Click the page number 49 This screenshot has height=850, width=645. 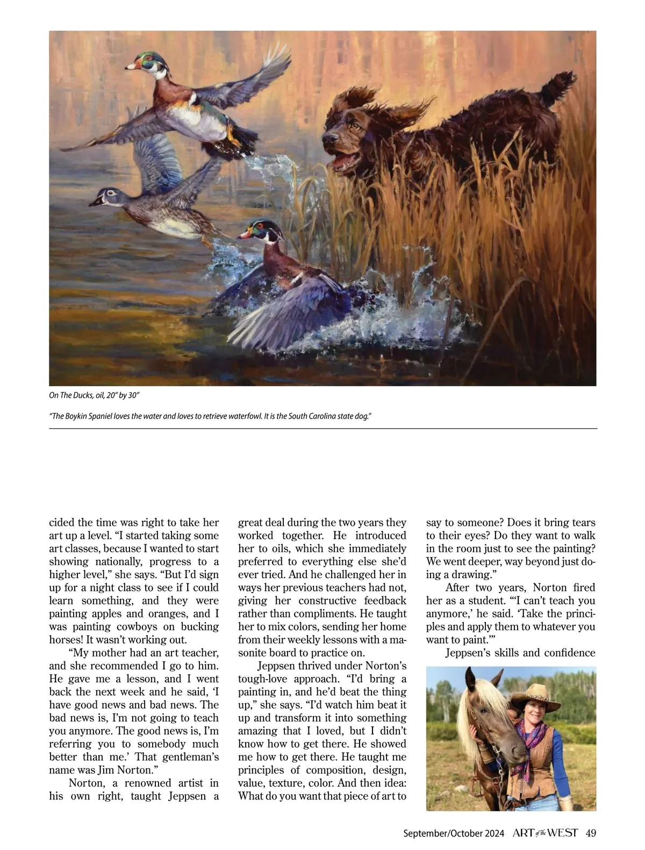[x=591, y=833]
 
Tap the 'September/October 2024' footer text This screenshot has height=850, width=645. [x=454, y=833]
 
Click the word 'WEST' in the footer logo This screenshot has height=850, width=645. [x=563, y=833]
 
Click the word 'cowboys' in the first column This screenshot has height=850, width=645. [x=142, y=626]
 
